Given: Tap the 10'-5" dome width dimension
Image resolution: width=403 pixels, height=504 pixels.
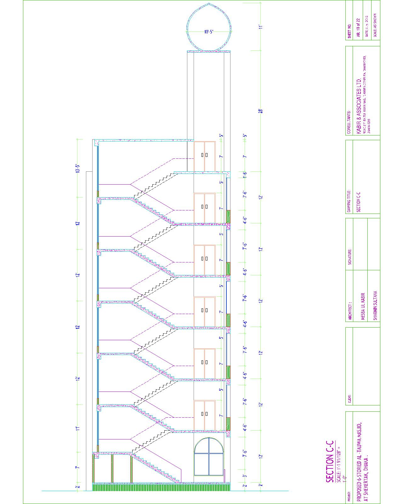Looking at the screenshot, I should click(x=209, y=31).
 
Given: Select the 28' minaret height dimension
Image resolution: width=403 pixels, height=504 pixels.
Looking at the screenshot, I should click(x=260, y=111).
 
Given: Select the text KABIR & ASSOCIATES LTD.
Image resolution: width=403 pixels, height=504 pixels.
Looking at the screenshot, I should click(x=360, y=107).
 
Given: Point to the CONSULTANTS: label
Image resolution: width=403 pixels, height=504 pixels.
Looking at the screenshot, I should click(x=349, y=122).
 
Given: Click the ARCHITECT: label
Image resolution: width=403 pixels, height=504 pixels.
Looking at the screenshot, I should click(x=349, y=312).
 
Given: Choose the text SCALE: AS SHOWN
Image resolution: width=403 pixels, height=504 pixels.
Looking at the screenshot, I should click(x=375, y=25).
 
